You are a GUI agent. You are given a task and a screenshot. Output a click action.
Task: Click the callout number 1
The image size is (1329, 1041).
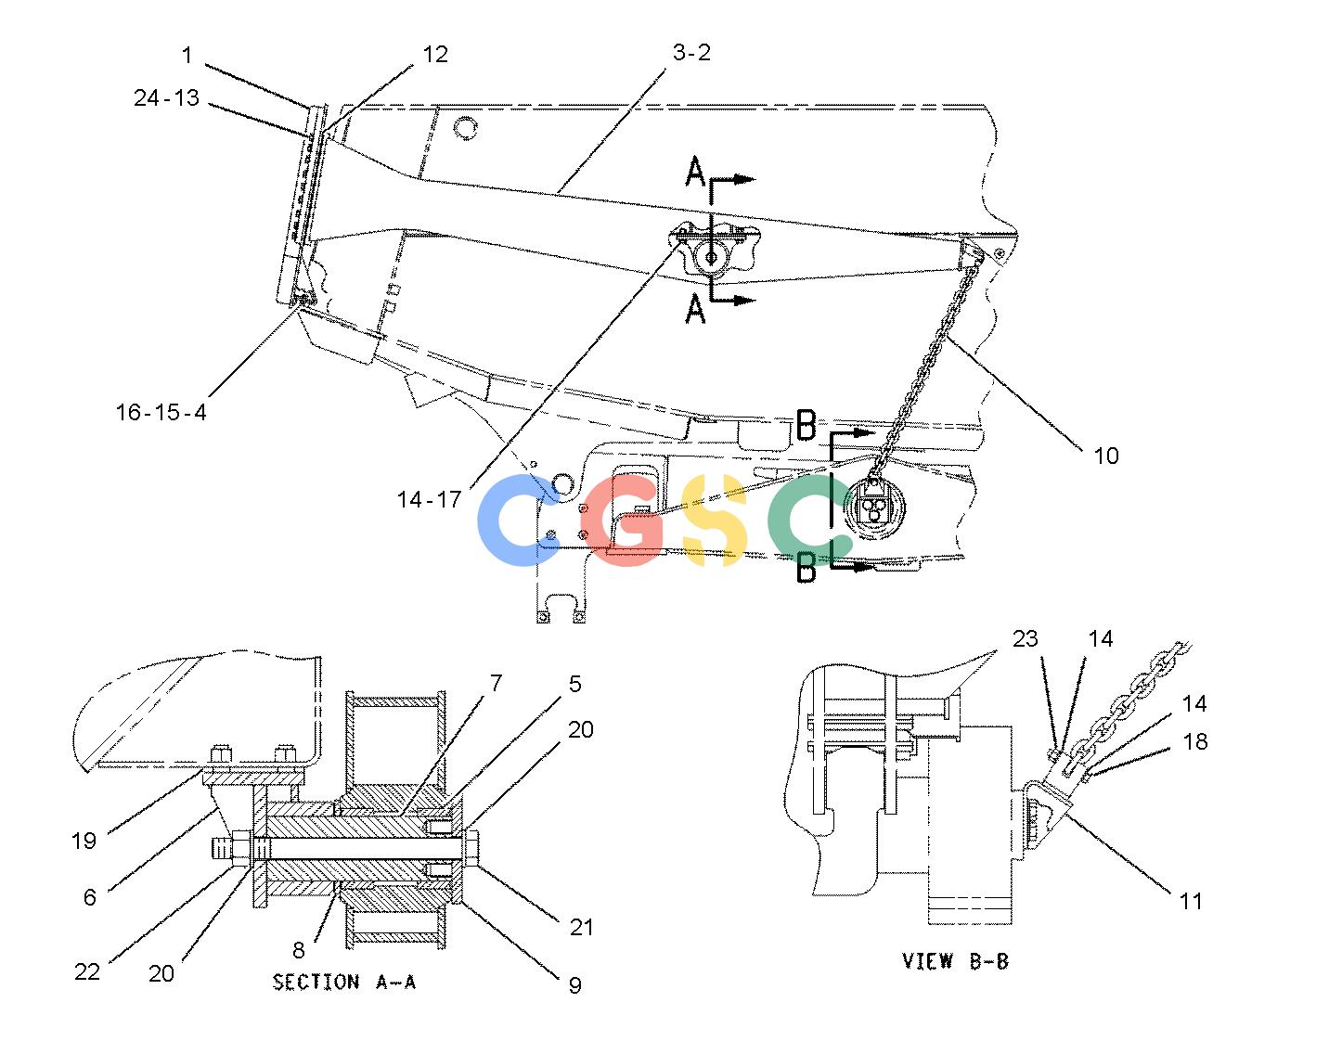pyautogui.click(x=187, y=56)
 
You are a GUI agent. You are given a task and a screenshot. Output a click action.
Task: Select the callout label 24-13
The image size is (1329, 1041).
pyautogui.click(x=166, y=97)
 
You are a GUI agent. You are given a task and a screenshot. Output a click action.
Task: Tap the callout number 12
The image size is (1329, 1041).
pyautogui.click(x=435, y=55)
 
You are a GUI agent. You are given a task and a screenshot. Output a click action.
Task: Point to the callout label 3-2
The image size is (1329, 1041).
pyautogui.click(x=691, y=53)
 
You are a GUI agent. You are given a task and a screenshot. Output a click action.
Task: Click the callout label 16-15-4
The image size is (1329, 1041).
pyautogui.click(x=161, y=413)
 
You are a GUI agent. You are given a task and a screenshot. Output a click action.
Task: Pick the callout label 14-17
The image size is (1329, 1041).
pyautogui.click(x=429, y=500)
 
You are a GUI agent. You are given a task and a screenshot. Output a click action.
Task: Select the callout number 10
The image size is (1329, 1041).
pyautogui.click(x=1106, y=456)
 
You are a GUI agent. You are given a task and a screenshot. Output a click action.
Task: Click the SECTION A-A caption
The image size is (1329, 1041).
pyautogui.click(x=344, y=983)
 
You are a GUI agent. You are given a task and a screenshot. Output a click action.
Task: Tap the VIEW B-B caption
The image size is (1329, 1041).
pyautogui.click(x=955, y=961)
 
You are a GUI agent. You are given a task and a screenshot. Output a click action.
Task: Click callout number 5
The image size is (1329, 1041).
pyautogui.click(x=574, y=684)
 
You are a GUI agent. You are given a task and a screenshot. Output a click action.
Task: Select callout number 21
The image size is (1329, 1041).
pyautogui.click(x=582, y=927)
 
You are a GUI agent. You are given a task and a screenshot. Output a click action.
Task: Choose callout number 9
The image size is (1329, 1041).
pyautogui.click(x=574, y=985)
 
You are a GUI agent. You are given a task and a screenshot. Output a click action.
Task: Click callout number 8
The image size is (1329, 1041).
pyautogui.click(x=299, y=950)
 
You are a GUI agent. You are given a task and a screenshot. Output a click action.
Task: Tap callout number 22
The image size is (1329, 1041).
pyautogui.click(x=87, y=972)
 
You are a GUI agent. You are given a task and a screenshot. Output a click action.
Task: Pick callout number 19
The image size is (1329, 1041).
pyautogui.click(x=84, y=842)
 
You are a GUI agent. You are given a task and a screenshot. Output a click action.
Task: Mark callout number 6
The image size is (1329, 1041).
pyautogui.click(x=90, y=897)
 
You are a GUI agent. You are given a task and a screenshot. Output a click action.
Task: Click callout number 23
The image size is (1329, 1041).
pyautogui.click(x=1026, y=638)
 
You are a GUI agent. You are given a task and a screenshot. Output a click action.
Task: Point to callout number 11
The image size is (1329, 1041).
pyautogui.click(x=1191, y=902)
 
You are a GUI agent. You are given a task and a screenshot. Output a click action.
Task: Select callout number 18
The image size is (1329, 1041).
pyautogui.click(x=1195, y=742)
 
